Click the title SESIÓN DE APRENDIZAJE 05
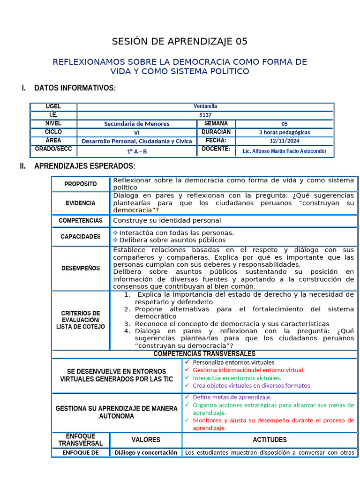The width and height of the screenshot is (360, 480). click(x=180, y=42)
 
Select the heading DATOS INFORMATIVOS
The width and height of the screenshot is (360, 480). click(x=75, y=88)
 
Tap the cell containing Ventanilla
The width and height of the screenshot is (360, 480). click(x=205, y=106)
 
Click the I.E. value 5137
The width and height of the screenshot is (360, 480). click(x=205, y=115)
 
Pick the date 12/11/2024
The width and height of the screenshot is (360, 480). click(x=285, y=141)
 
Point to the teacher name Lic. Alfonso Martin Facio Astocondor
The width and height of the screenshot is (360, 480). click(x=285, y=151)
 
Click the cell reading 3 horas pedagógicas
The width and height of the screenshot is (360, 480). click(x=285, y=132)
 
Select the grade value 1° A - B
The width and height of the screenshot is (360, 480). click(x=136, y=151)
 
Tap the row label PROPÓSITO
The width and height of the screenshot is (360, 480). click(x=81, y=184)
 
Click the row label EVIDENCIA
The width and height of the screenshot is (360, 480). click(x=81, y=203)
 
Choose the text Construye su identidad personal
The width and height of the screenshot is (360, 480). click(x=167, y=220)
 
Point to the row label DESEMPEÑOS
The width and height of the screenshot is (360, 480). click(x=81, y=268)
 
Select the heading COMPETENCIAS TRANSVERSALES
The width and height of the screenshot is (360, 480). click(x=204, y=353)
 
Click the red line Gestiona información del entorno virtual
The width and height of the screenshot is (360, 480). click(x=248, y=370)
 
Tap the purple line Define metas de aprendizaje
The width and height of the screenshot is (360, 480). click(x=232, y=397)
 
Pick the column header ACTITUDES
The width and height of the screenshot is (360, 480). click(x=270, y=440)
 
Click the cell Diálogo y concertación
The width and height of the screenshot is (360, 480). click(x=146, y=452)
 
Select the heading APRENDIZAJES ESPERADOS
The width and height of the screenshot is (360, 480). click(x=84, y=166)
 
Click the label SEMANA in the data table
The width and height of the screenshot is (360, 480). click(x=216, y=123)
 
